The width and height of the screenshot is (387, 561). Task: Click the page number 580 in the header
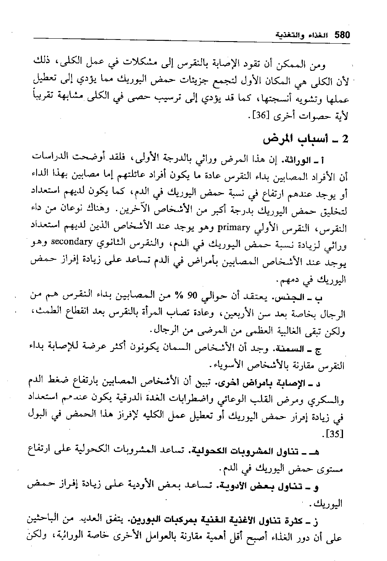click(x=342, y=35)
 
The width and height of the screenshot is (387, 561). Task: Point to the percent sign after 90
click(x=178, y=295)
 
